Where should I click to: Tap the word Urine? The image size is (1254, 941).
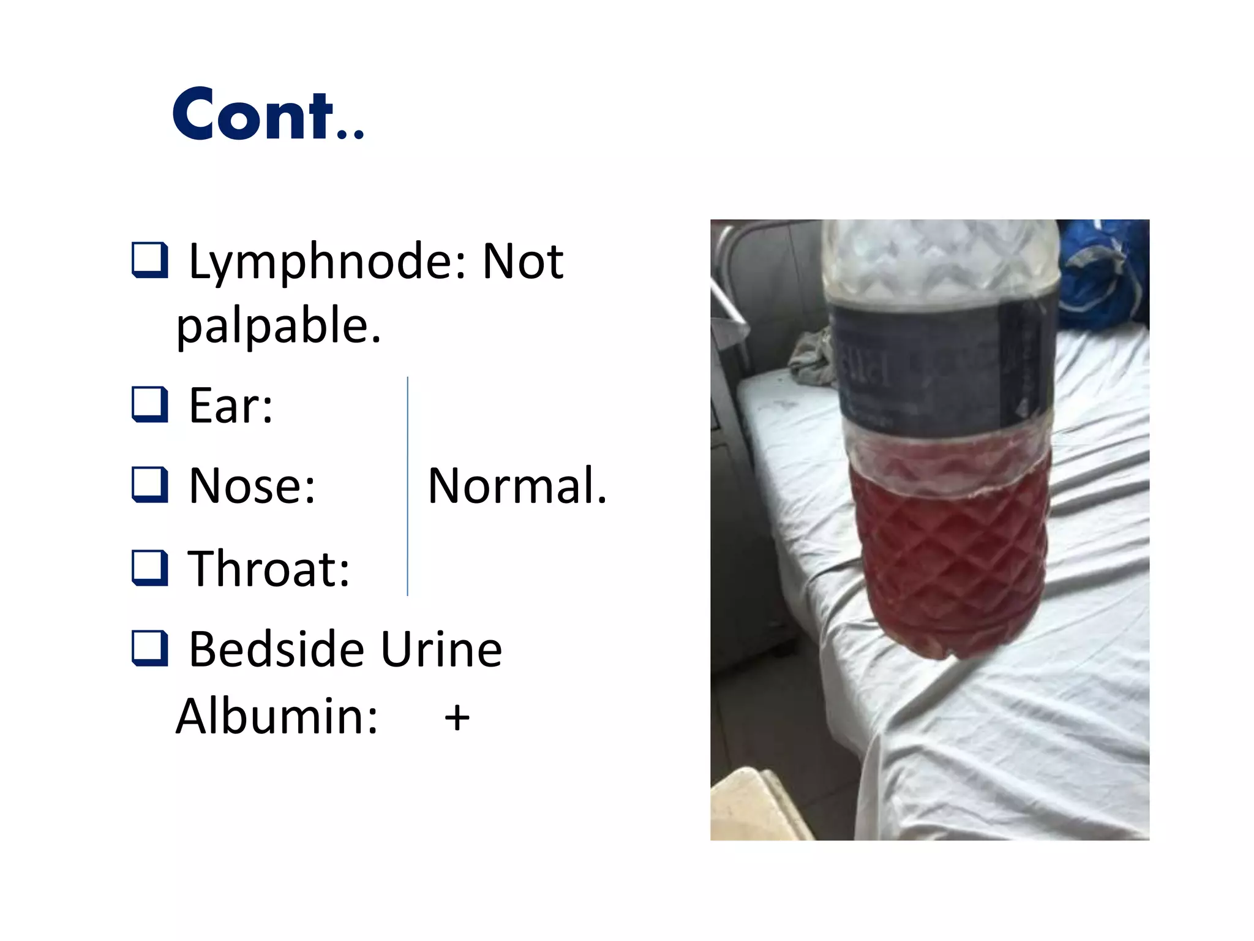pyautogui.click(x=441, y=649)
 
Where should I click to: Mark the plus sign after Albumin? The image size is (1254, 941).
pyautogui.click(x=457, y=717)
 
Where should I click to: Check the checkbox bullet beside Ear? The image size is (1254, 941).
pyautogui.click(x=150, y=404)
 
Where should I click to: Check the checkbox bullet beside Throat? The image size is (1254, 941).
pyautogui.click(x=150, y=567)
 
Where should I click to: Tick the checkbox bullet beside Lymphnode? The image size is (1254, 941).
pyautogui.click(x=150, y=260)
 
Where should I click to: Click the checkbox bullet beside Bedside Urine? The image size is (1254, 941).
pyautogui.click(x=150, y=648)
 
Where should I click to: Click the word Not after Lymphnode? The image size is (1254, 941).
pyautogui.click(x=522, y=262)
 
